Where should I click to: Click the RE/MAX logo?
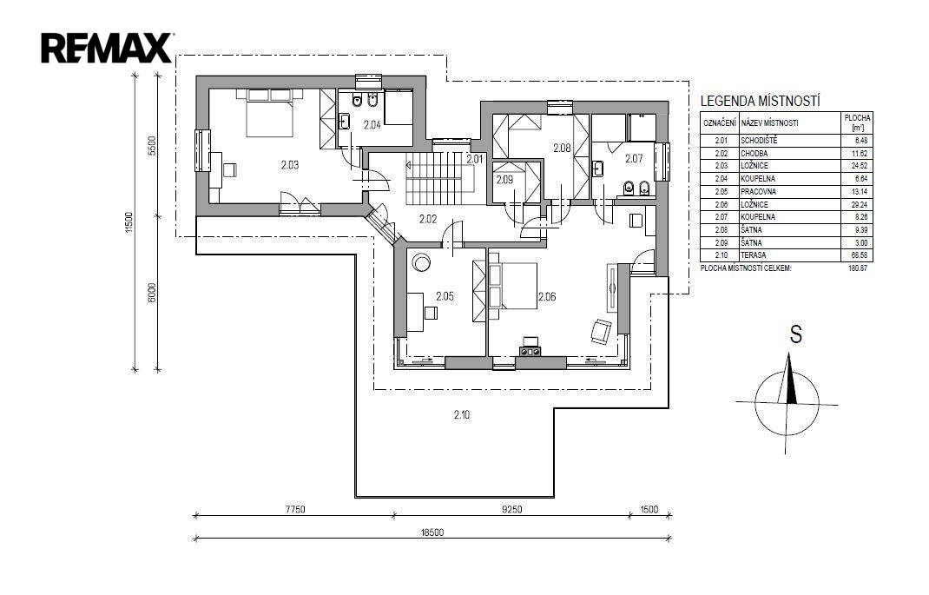(x=107, y=48)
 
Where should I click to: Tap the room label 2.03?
(x=290, y=165)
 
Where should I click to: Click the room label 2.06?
(x=547, y=296)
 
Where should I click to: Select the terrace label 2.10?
(x=462, y=415)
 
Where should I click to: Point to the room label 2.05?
(x=445, y=296)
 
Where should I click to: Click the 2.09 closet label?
(x=504, y=180)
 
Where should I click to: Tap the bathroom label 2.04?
(x=372, y=125)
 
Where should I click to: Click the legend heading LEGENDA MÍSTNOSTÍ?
(x=761, y=102)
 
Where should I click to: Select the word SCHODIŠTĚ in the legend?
(x=758, y=141)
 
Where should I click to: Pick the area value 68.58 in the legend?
(x=859, y=255)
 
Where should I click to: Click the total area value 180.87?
(x=858, y=268)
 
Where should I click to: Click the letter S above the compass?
(x=795, y=334)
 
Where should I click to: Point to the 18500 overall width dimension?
(x=432, y=532)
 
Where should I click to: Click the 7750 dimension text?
(x=294, y=509)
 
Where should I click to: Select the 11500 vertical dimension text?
(x=129, y=222)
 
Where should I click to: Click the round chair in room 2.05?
(x=422, y=262)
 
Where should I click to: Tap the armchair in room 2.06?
(x=601, y=331)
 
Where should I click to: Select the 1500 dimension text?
(x=649, y=509)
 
